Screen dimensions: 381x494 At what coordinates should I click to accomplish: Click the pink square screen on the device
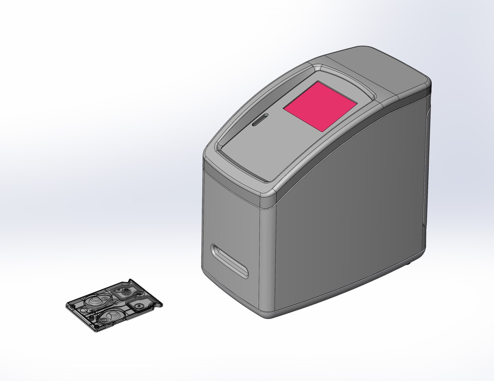[320, 107]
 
